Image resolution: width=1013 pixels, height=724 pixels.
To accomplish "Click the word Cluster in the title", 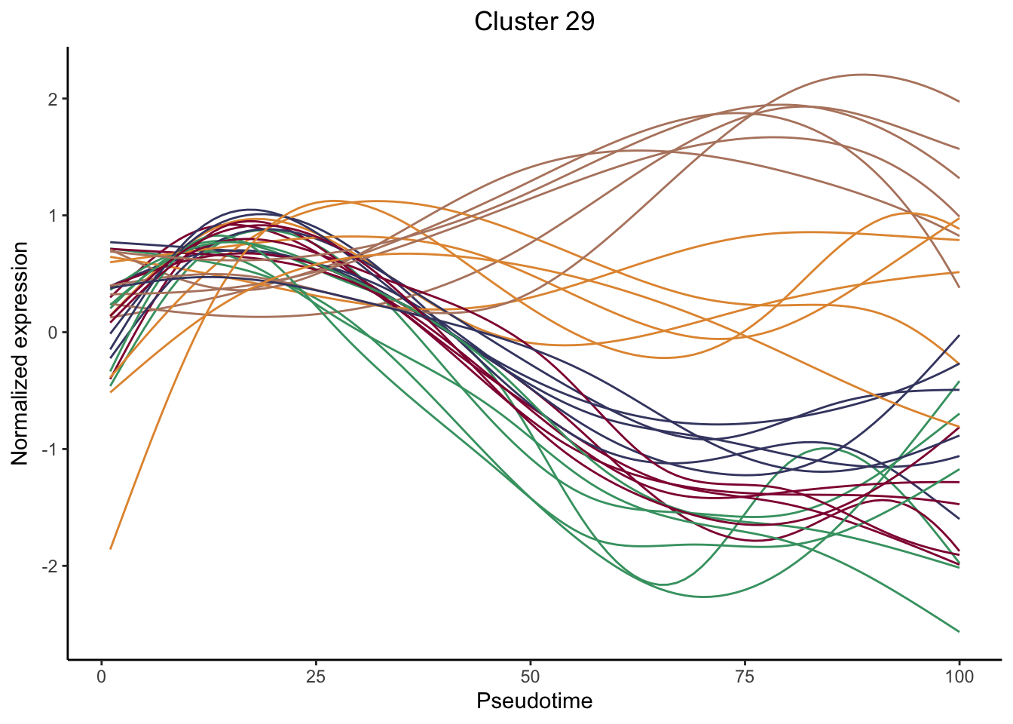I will [x=510, y=21].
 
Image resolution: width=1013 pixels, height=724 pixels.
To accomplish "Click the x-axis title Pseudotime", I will [x=534, y=701].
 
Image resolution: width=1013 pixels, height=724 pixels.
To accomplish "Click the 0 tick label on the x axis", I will [x=102, y=676].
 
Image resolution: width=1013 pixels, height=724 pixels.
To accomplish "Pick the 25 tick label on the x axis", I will [x=316, y=676].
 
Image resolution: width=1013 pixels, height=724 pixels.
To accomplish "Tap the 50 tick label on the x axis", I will [x=531, y=676].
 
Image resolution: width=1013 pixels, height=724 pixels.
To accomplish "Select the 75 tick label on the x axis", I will [x=745, y=676].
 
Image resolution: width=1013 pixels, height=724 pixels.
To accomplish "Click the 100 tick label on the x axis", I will [x=959, y=676].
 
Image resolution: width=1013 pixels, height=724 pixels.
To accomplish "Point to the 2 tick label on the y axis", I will [x=53, y=99].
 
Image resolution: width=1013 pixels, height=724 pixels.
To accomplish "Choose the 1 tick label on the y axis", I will [x=53, y=216].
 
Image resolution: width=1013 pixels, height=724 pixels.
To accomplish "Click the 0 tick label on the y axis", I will [x=53, y=333].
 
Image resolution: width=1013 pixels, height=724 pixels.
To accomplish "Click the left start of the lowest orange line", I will [x=111, y=548].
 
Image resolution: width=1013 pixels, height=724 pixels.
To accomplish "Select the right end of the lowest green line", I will [x=959, y=631].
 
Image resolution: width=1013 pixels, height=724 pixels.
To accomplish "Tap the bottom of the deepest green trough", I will [x=703, y=597].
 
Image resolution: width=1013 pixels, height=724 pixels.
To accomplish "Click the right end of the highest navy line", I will [x=959, y=335].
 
